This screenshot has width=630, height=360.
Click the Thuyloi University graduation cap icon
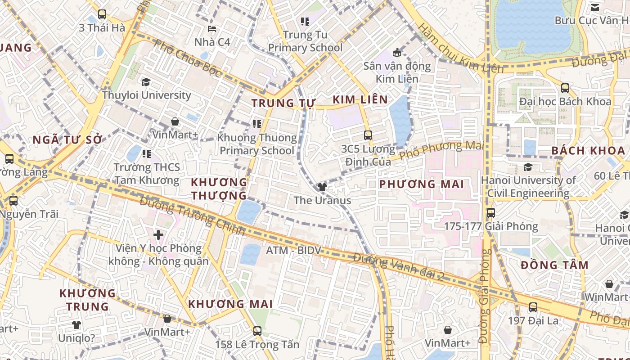coord(146,82)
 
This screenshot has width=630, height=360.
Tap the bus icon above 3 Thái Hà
coord(102,14)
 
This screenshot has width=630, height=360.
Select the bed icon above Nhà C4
coord(212,29)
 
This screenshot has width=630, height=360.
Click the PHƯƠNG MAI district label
coord(421,184)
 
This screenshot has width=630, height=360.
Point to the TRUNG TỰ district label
coord(283,103)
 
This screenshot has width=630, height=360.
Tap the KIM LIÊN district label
coord(360,100)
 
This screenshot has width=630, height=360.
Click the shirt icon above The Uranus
coord(322,187)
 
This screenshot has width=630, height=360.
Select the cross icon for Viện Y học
coord(158,234)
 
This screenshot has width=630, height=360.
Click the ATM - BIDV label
coord(293,250)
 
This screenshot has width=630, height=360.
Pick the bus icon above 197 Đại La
coord(533,307)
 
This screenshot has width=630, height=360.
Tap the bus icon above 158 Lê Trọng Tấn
coord(257,331)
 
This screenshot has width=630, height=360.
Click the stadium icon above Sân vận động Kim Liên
coord(397,53)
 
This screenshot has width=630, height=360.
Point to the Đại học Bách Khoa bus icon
coord(565,88)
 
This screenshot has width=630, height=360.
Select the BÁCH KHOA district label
coord(588,151)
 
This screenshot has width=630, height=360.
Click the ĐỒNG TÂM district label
coord(554,265)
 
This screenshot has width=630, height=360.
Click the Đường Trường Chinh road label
coord(193,216)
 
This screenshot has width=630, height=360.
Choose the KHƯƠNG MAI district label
coord(230,304)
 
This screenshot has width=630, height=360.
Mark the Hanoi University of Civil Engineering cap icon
coord(528,167)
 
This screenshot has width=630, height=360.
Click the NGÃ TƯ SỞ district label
coord(67,140)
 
